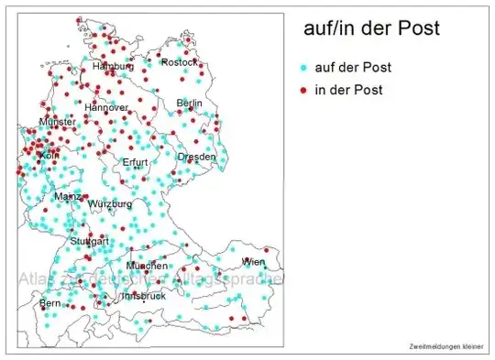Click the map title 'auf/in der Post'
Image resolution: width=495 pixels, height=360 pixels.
coord(371,28)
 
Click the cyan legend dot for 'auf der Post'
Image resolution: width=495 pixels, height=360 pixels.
coord(302,68)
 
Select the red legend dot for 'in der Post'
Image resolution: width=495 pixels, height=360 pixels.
coord(302,90)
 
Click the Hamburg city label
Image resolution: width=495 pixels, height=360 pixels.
coord(113,67)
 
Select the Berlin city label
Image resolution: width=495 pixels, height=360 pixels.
coord(189,104)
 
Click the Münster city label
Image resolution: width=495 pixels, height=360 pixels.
coord(57,122)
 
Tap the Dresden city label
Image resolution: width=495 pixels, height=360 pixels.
coord(197,157)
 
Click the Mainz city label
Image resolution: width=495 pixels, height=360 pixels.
coord(67,196)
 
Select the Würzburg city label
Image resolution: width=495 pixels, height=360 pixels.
coord(109,203)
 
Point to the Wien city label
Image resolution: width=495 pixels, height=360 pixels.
coord(254,262)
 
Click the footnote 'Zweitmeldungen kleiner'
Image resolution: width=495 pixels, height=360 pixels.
coord(447,345)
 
